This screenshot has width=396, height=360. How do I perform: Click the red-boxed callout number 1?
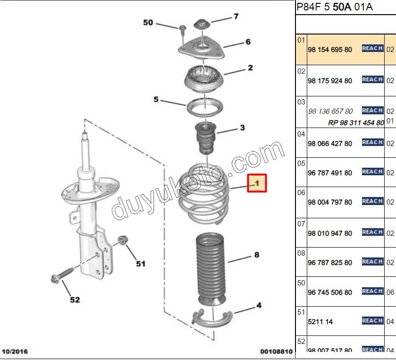(x=257, y=183)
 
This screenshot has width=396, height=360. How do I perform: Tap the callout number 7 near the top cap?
(x=236, y=17)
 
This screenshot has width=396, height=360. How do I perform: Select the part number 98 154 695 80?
(x=329, y=49)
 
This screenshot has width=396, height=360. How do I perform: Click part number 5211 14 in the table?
(x=320, y=322)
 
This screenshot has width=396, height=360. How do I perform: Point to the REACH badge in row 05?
(x=372, y=172)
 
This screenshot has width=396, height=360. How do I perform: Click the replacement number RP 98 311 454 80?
(x=356, y=123)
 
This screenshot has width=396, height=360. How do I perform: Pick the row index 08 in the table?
(x=301, y=253)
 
